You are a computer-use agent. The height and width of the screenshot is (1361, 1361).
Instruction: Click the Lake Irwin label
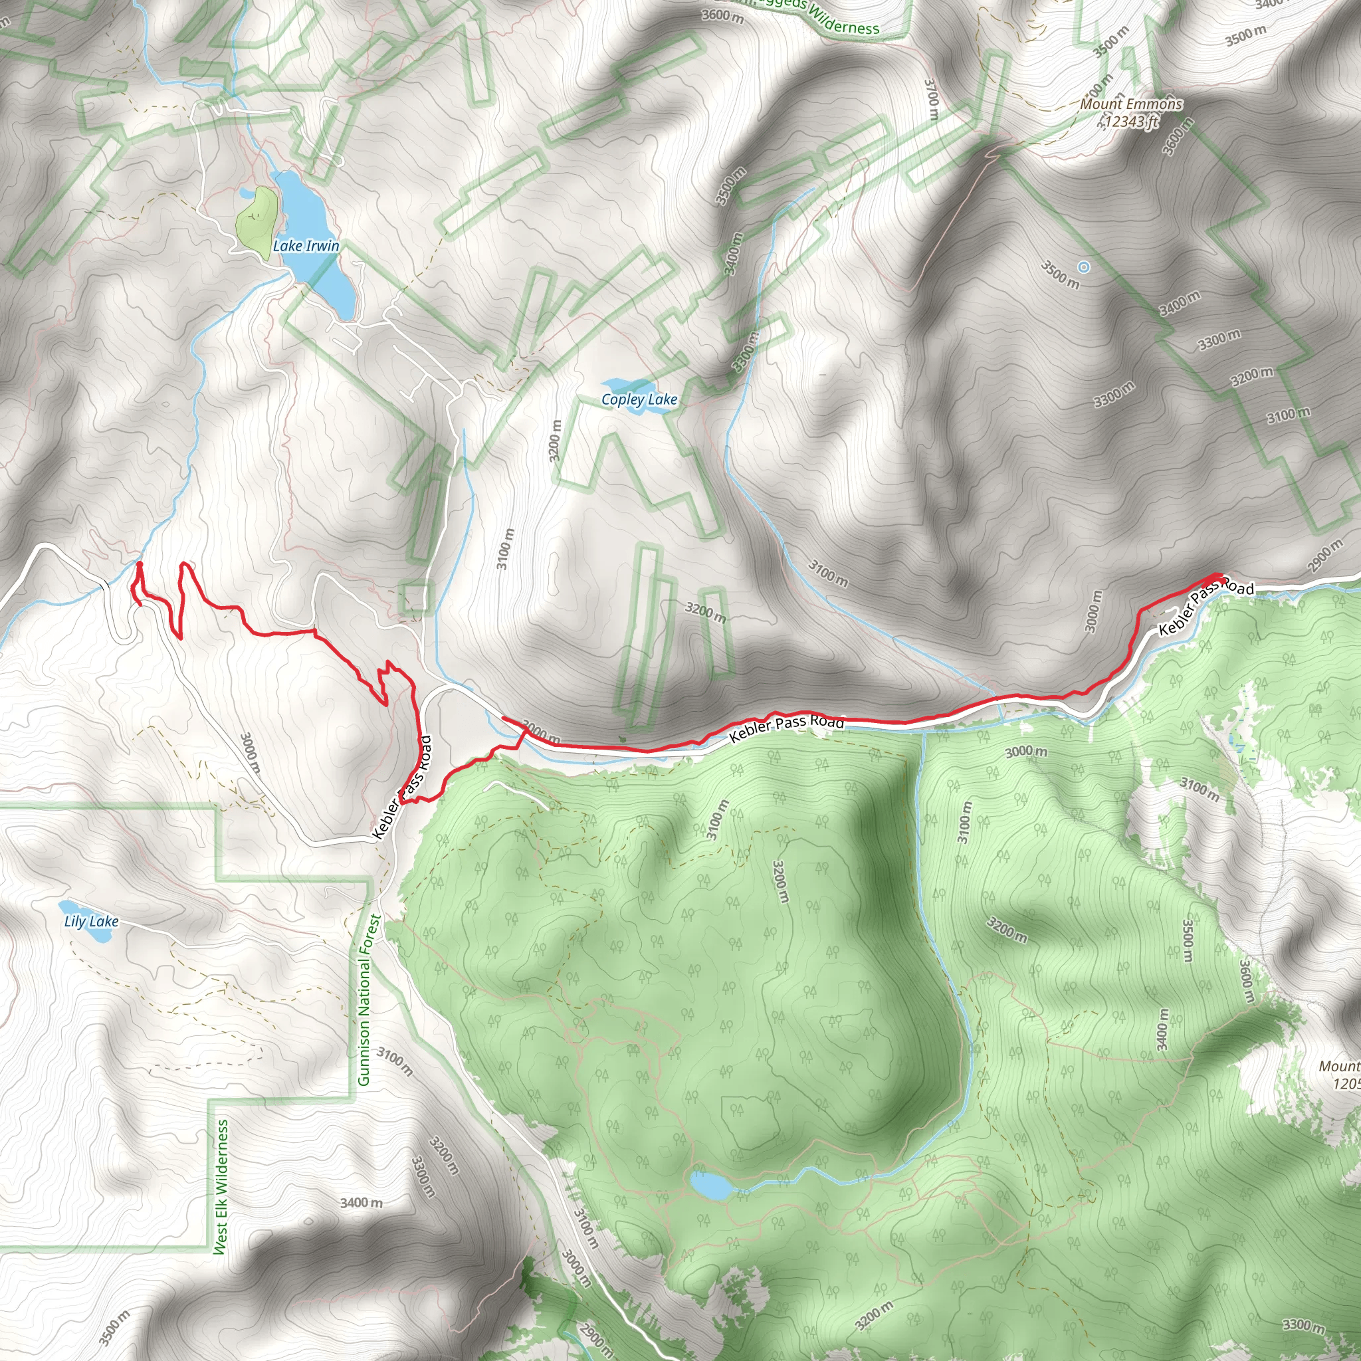pos(306,246)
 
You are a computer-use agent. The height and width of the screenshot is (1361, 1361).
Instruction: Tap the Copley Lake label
pos(639,399)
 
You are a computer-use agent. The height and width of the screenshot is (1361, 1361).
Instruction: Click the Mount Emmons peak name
pos(1131,104)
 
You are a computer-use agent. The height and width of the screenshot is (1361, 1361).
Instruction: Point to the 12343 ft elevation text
pos(1131,121)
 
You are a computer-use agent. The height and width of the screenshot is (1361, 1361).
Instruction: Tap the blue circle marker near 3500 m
pos(1084,267)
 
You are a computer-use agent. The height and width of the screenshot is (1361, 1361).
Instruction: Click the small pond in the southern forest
pos(712,1186)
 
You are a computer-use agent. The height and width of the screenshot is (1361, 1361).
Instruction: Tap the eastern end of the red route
pos(1218,577)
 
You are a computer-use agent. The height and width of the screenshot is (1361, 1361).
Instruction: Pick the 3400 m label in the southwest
pos(361,1202)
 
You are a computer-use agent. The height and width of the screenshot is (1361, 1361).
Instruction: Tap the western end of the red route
pos(139,564)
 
